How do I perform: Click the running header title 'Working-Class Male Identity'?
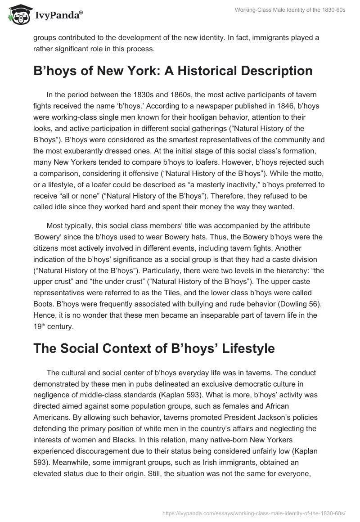click(x=290, y=10)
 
